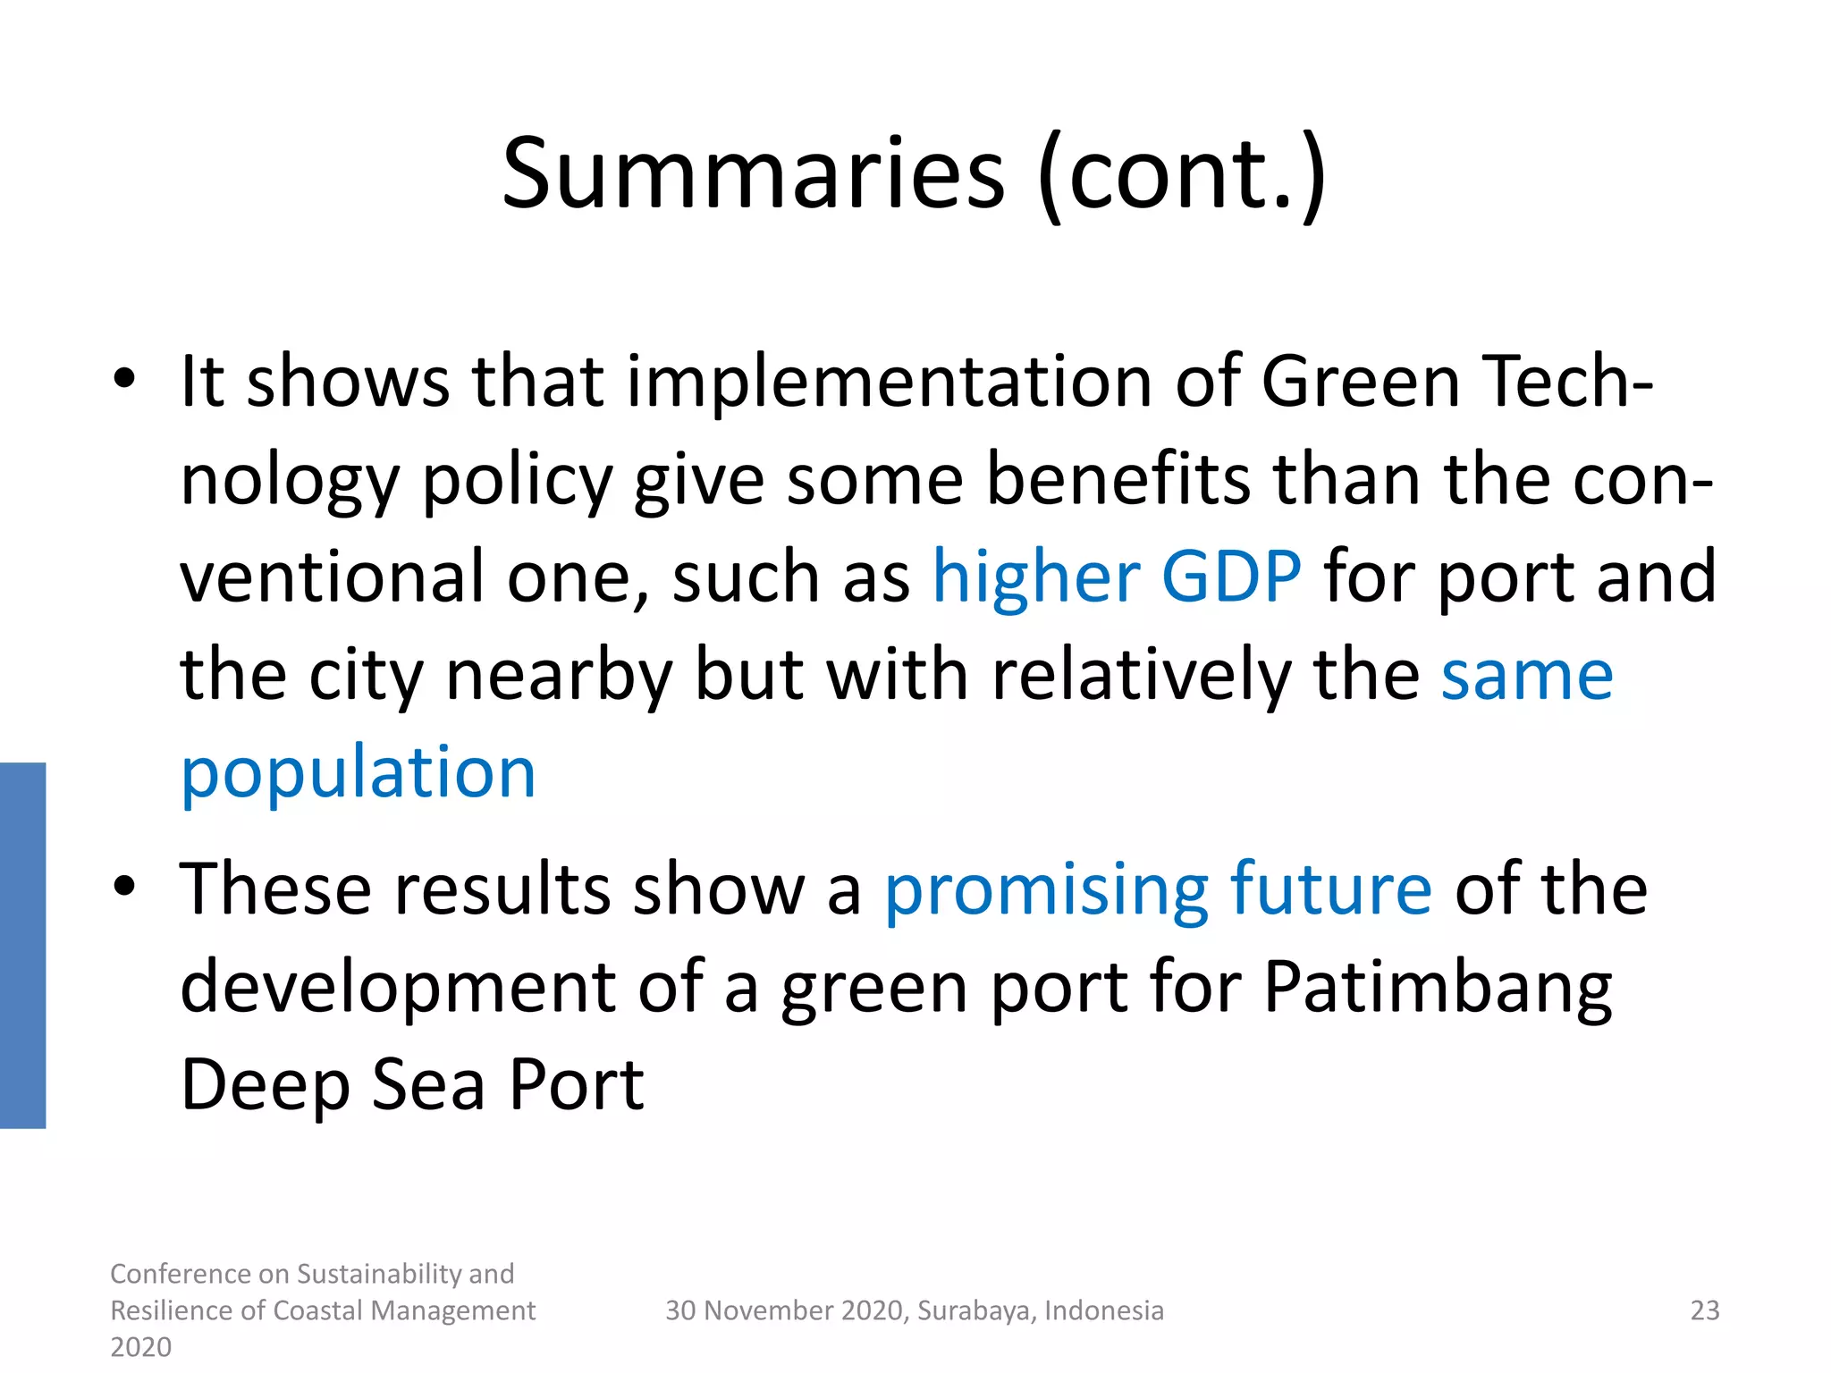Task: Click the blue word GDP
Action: coord(1231,577)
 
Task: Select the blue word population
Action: coord(358,773)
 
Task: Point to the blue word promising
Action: coord(1046,889)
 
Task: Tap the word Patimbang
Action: coord(1438,989)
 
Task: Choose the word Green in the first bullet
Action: coord(1359,382)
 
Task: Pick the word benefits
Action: coord(1118,480)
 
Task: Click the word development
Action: coord(398,989)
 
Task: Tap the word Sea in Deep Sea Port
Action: coord(428,1085)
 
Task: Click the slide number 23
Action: coord(1704,1310)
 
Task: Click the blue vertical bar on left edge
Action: coord(22,945)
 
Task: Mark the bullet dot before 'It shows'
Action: coord(124,379)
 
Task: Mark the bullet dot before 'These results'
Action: coord(124,886)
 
